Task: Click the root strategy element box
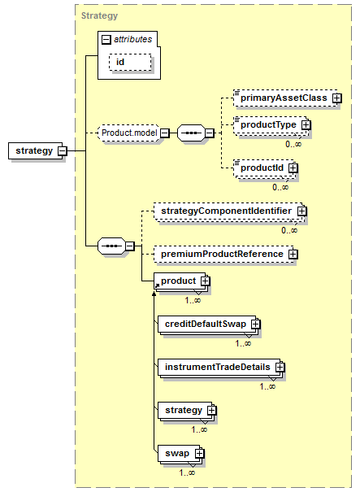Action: click(35, 151)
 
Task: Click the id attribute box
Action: click(130, 62)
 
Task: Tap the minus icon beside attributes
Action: click(106, 40)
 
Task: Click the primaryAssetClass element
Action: click(286, 98)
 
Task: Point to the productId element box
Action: click(264, 168)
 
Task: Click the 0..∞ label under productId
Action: click(280, 187)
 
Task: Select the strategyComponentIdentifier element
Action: click(228, 211)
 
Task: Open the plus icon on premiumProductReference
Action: click(293, 254)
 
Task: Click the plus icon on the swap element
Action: click(199, 454)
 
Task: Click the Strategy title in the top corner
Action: click(99, 15)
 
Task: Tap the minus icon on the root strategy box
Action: click(63, 151)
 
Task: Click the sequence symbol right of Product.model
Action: click(191, 133)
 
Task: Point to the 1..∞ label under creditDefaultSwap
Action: click(243, 343)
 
